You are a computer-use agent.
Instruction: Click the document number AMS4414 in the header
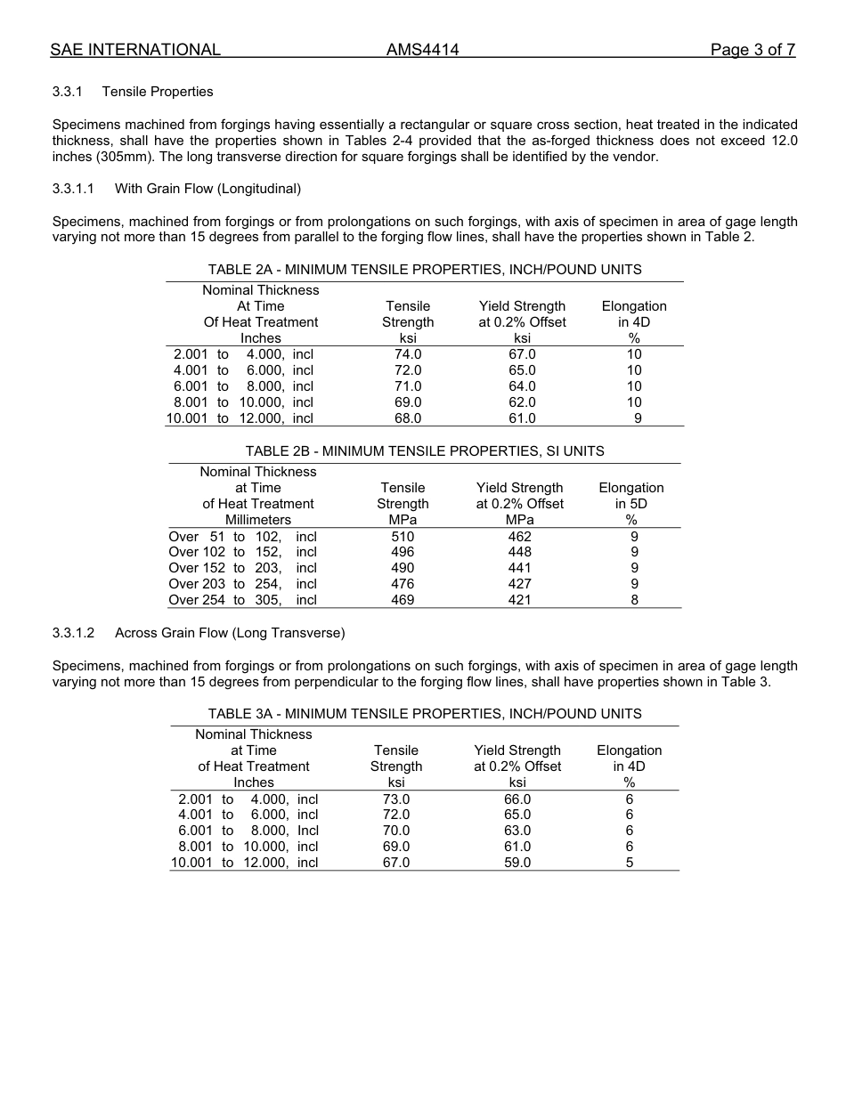(422, 50)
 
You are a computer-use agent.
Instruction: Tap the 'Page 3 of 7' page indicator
(752, 50)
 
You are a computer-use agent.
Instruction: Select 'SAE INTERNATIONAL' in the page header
(135, 50)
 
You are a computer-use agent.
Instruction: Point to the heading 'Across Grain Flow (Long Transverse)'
(230, 633)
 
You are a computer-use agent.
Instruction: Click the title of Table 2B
(424, 451)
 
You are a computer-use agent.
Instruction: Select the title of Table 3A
(424, 714)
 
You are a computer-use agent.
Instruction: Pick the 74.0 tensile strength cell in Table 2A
(408, 354)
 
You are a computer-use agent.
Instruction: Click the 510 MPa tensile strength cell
(403, 537)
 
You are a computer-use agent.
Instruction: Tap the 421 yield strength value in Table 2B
(519, 600)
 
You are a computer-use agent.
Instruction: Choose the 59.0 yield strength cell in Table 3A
(517, 863)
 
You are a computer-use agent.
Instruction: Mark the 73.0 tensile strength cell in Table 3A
(396, 799)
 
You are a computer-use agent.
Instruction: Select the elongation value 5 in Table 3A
(630, 863)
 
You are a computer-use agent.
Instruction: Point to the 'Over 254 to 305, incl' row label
(242, 600)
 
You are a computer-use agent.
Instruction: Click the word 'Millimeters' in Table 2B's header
(257, 520)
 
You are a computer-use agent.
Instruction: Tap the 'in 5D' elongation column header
(630, 504)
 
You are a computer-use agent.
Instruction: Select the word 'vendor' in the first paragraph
(636, 157)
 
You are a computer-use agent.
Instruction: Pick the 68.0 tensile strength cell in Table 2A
(408, 418)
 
